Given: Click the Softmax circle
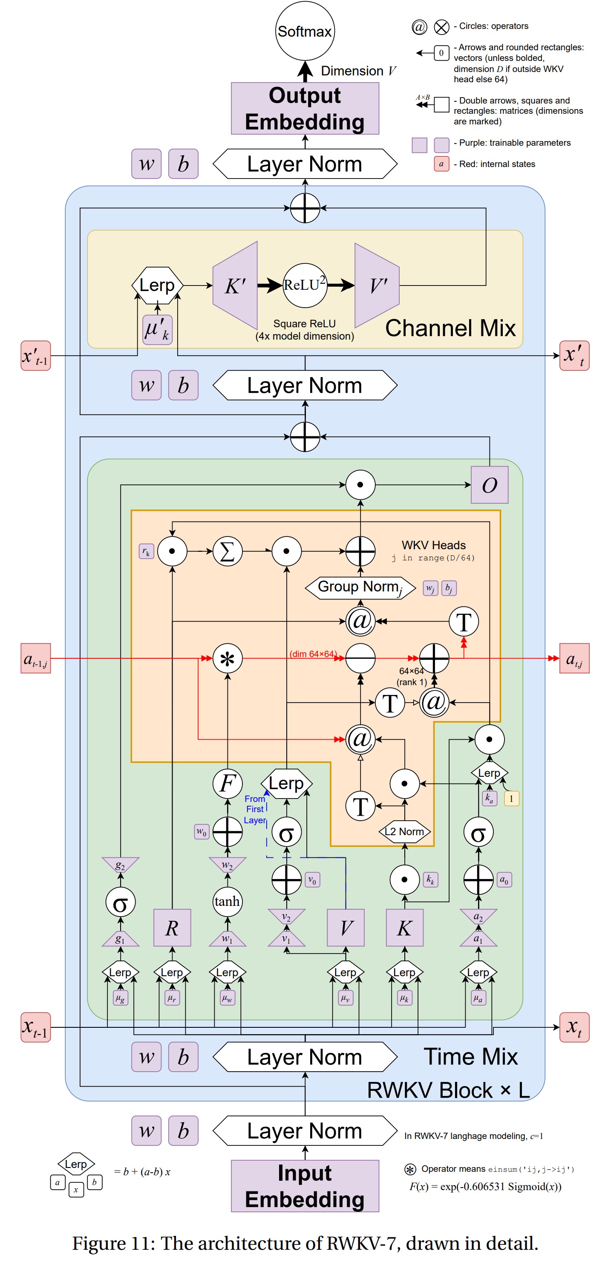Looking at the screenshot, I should tap(304, 31).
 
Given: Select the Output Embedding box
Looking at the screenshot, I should tap(305, 109).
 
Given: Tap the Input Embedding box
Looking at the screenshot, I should tap(305, 1186).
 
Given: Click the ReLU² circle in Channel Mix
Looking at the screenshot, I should tap(305, 285).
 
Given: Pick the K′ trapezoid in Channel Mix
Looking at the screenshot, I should tap(235, 285).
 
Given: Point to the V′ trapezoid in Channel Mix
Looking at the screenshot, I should tap(377, 285).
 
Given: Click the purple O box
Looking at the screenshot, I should tap(489, 484).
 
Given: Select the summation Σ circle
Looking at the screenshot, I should tap(228, 551).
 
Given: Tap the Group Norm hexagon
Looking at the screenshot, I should tap(360, 587).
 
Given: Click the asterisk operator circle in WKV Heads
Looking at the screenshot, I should tap(228, 658).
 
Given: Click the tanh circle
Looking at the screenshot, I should tap(227, 902).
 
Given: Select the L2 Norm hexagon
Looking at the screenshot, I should tap(404, 831).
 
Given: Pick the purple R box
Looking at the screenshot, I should tap(172, 927).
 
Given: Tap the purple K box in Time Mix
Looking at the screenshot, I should tap(404, 927).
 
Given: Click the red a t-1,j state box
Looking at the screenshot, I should tap(35, 658).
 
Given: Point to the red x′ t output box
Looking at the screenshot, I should tap(574, 356).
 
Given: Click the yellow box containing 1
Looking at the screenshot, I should tap(511, 799).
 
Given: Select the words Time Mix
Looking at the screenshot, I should tap(470, 1056).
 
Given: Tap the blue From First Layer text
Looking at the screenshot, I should tap(254, 809).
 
